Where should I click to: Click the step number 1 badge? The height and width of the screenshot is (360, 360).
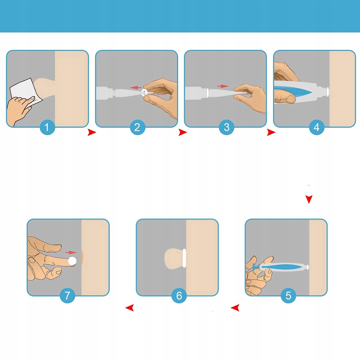click(x=47, y=127)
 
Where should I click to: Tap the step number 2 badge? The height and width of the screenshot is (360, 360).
click(x=137, y=127)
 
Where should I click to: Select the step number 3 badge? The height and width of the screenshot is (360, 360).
click(x=226, y=127)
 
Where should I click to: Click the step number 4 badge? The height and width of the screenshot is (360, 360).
click(x=316, y=127)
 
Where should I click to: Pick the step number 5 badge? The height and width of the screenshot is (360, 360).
click(x=288, y=295)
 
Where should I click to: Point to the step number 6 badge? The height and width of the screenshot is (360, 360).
click(x=179, y=295)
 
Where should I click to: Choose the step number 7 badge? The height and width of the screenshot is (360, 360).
click(x=67, y=295)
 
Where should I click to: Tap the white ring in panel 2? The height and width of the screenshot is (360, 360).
click(x=144, y=93)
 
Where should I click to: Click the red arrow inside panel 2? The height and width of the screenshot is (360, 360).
click(x=136, y=87)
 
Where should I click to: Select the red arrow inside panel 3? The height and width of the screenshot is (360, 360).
click(x=223, y=86)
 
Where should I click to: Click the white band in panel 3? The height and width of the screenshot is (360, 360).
click(x=208, y=93)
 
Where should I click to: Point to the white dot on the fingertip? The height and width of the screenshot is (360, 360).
click(x=72, y=261)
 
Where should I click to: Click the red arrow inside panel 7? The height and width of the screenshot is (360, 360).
click(x=71, y=253)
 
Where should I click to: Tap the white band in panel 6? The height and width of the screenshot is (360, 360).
click(x=184, y=258)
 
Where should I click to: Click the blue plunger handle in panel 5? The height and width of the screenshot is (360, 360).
click(x=254, y=267)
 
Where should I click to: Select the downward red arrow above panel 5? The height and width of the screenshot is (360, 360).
click(x=309, y=199)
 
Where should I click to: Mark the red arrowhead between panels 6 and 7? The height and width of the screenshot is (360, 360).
click(x=130, y=308)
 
